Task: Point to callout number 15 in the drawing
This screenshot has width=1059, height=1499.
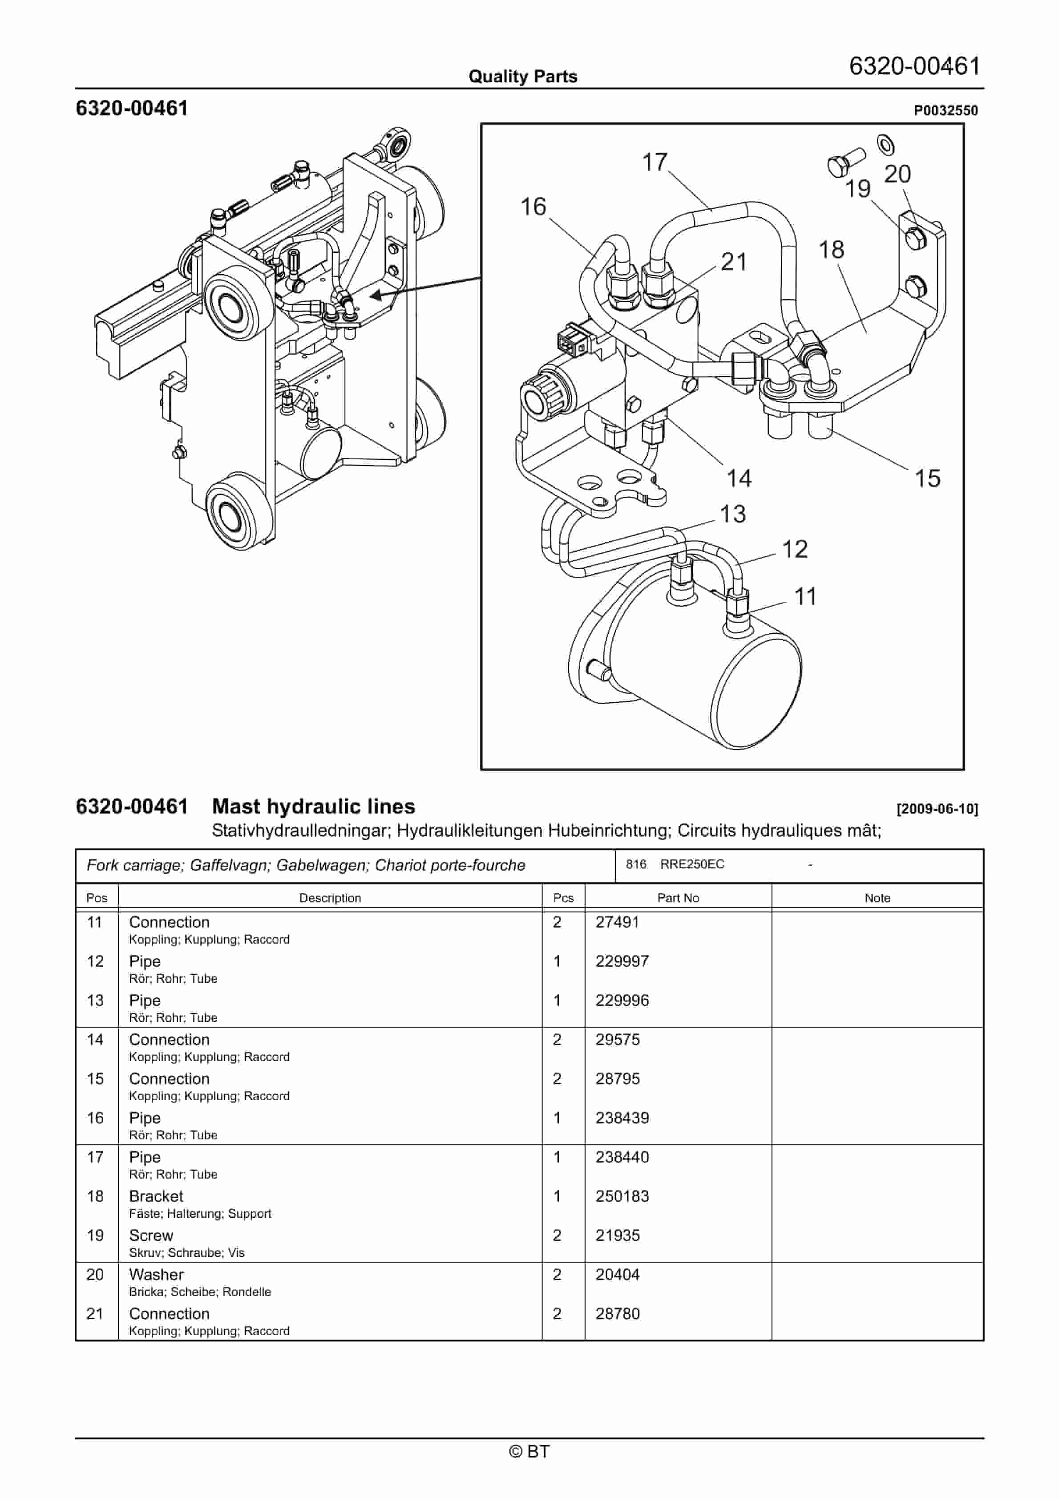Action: (927, 478)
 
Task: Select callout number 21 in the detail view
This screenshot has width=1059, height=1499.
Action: (734, 262)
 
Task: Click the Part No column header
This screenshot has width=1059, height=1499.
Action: (678, 898)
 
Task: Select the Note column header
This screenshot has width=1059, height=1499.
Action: (877, 898)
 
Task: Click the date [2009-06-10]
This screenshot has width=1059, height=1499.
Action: (937, 809)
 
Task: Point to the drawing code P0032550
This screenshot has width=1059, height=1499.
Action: (946, 110)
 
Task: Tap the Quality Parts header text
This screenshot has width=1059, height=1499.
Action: (522, 77)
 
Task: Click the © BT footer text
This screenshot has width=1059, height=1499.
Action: (529, 1451)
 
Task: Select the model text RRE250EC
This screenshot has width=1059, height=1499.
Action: (692, 864)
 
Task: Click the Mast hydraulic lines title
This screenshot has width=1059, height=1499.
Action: (313, 806)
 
